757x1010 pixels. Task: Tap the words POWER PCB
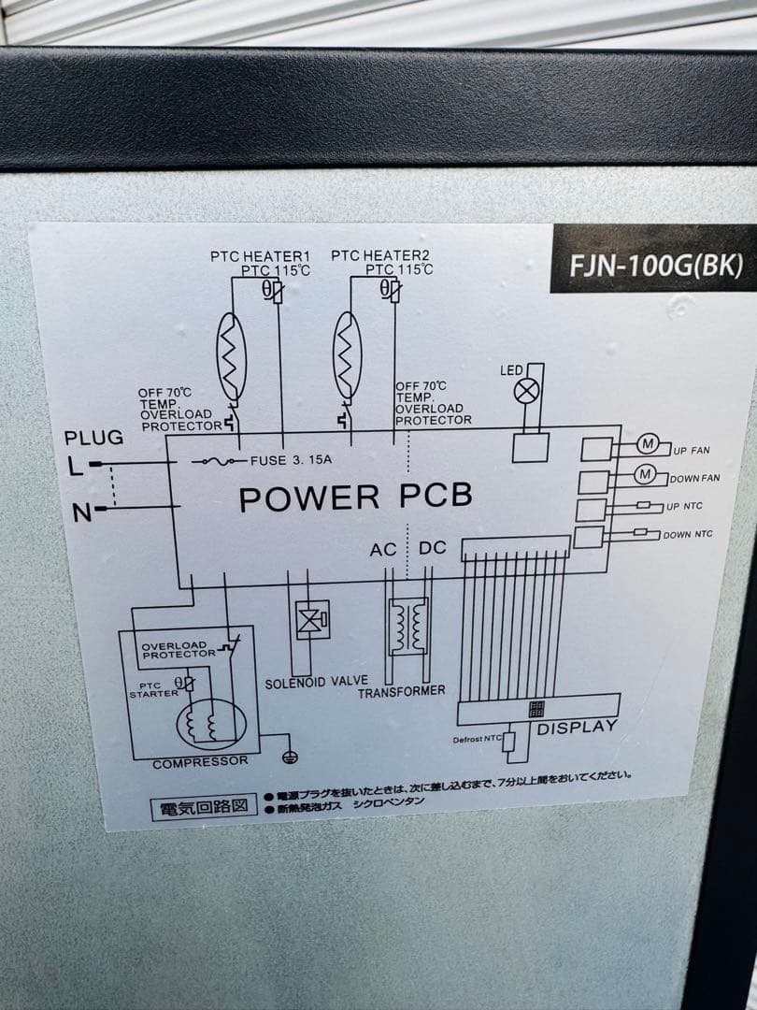coord(355,497)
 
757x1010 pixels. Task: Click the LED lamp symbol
coord(524,393)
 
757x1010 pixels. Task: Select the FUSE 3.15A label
coord(291,461)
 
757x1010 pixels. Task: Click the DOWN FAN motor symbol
coord(645,474)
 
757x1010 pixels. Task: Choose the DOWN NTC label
coord(687,535)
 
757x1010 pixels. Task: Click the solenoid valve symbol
coord(312,619)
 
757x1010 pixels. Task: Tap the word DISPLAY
coord(577,727)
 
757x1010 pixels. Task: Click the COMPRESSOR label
coord(200,762)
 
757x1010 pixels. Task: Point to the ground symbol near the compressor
coord(289,754)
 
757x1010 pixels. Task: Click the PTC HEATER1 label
coord(261,256)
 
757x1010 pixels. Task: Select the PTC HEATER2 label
coord(380,256)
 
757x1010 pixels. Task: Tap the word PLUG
coord(93,438)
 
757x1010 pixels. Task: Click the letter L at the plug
coord(75,465)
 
